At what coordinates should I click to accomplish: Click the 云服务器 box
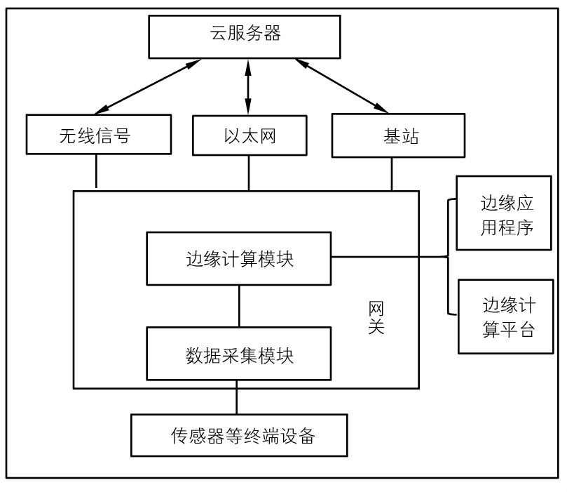point(245,36)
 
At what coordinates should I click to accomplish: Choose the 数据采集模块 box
point(238,352)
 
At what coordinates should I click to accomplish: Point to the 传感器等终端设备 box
point(240,435)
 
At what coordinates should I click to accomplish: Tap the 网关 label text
point(376,317)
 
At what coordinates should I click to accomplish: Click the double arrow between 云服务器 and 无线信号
point(148,86)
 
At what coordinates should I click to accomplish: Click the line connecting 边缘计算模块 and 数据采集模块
point(239,305)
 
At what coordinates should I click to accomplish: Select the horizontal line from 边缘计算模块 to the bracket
point(389,257)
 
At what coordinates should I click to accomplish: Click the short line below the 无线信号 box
point(96,172)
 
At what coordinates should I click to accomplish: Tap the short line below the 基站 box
point(391,173)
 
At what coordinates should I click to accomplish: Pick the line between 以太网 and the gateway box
point(248,173)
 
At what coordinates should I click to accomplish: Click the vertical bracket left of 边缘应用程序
point(447,257)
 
